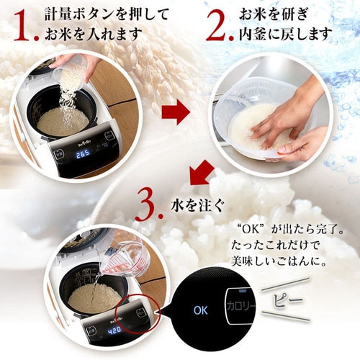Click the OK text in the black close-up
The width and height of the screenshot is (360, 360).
(201, 310)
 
